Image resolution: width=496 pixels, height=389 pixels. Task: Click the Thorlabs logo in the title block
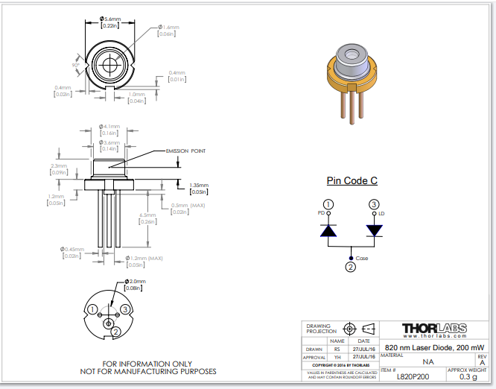[433, 328]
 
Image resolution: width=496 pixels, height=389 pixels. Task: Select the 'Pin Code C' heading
[352, 180]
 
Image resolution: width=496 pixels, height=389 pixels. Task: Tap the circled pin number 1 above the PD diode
[328, 204]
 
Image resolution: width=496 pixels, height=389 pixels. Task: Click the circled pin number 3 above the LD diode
[374, 204]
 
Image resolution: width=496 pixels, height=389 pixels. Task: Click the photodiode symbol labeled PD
[328, 230]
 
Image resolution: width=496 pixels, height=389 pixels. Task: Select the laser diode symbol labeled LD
[374, 230]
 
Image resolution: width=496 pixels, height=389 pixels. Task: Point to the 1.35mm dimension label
[199, 185]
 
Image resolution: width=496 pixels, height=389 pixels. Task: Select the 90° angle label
[75, 65]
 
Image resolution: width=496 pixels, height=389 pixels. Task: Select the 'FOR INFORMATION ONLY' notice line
[148, 364]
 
